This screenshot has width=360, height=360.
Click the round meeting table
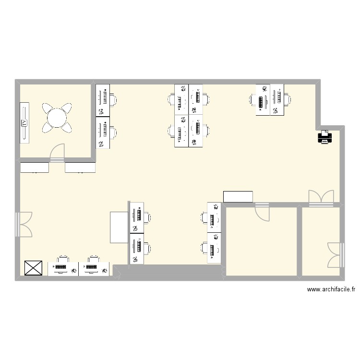pos(57,118)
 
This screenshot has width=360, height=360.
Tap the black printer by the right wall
pos(324,138)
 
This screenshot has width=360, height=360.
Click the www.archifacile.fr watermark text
pos(331,289)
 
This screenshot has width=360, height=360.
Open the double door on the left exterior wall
pos(24,224)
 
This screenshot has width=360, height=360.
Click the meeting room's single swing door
pos(57,153)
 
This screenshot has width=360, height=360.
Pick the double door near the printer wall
pos(321,198)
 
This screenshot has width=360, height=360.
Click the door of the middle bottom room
pos(263,211)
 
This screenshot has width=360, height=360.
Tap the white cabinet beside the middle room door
pos(238,196)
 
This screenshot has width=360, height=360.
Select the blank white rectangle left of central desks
pos(120,227)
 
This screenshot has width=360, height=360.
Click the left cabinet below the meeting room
pos(35,168)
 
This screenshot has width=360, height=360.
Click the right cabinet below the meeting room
pos(80,168)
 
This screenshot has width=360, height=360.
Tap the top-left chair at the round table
pos(48,108)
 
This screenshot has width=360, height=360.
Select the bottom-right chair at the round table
pos(66,128)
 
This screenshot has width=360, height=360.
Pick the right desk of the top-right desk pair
pos(277,100)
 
